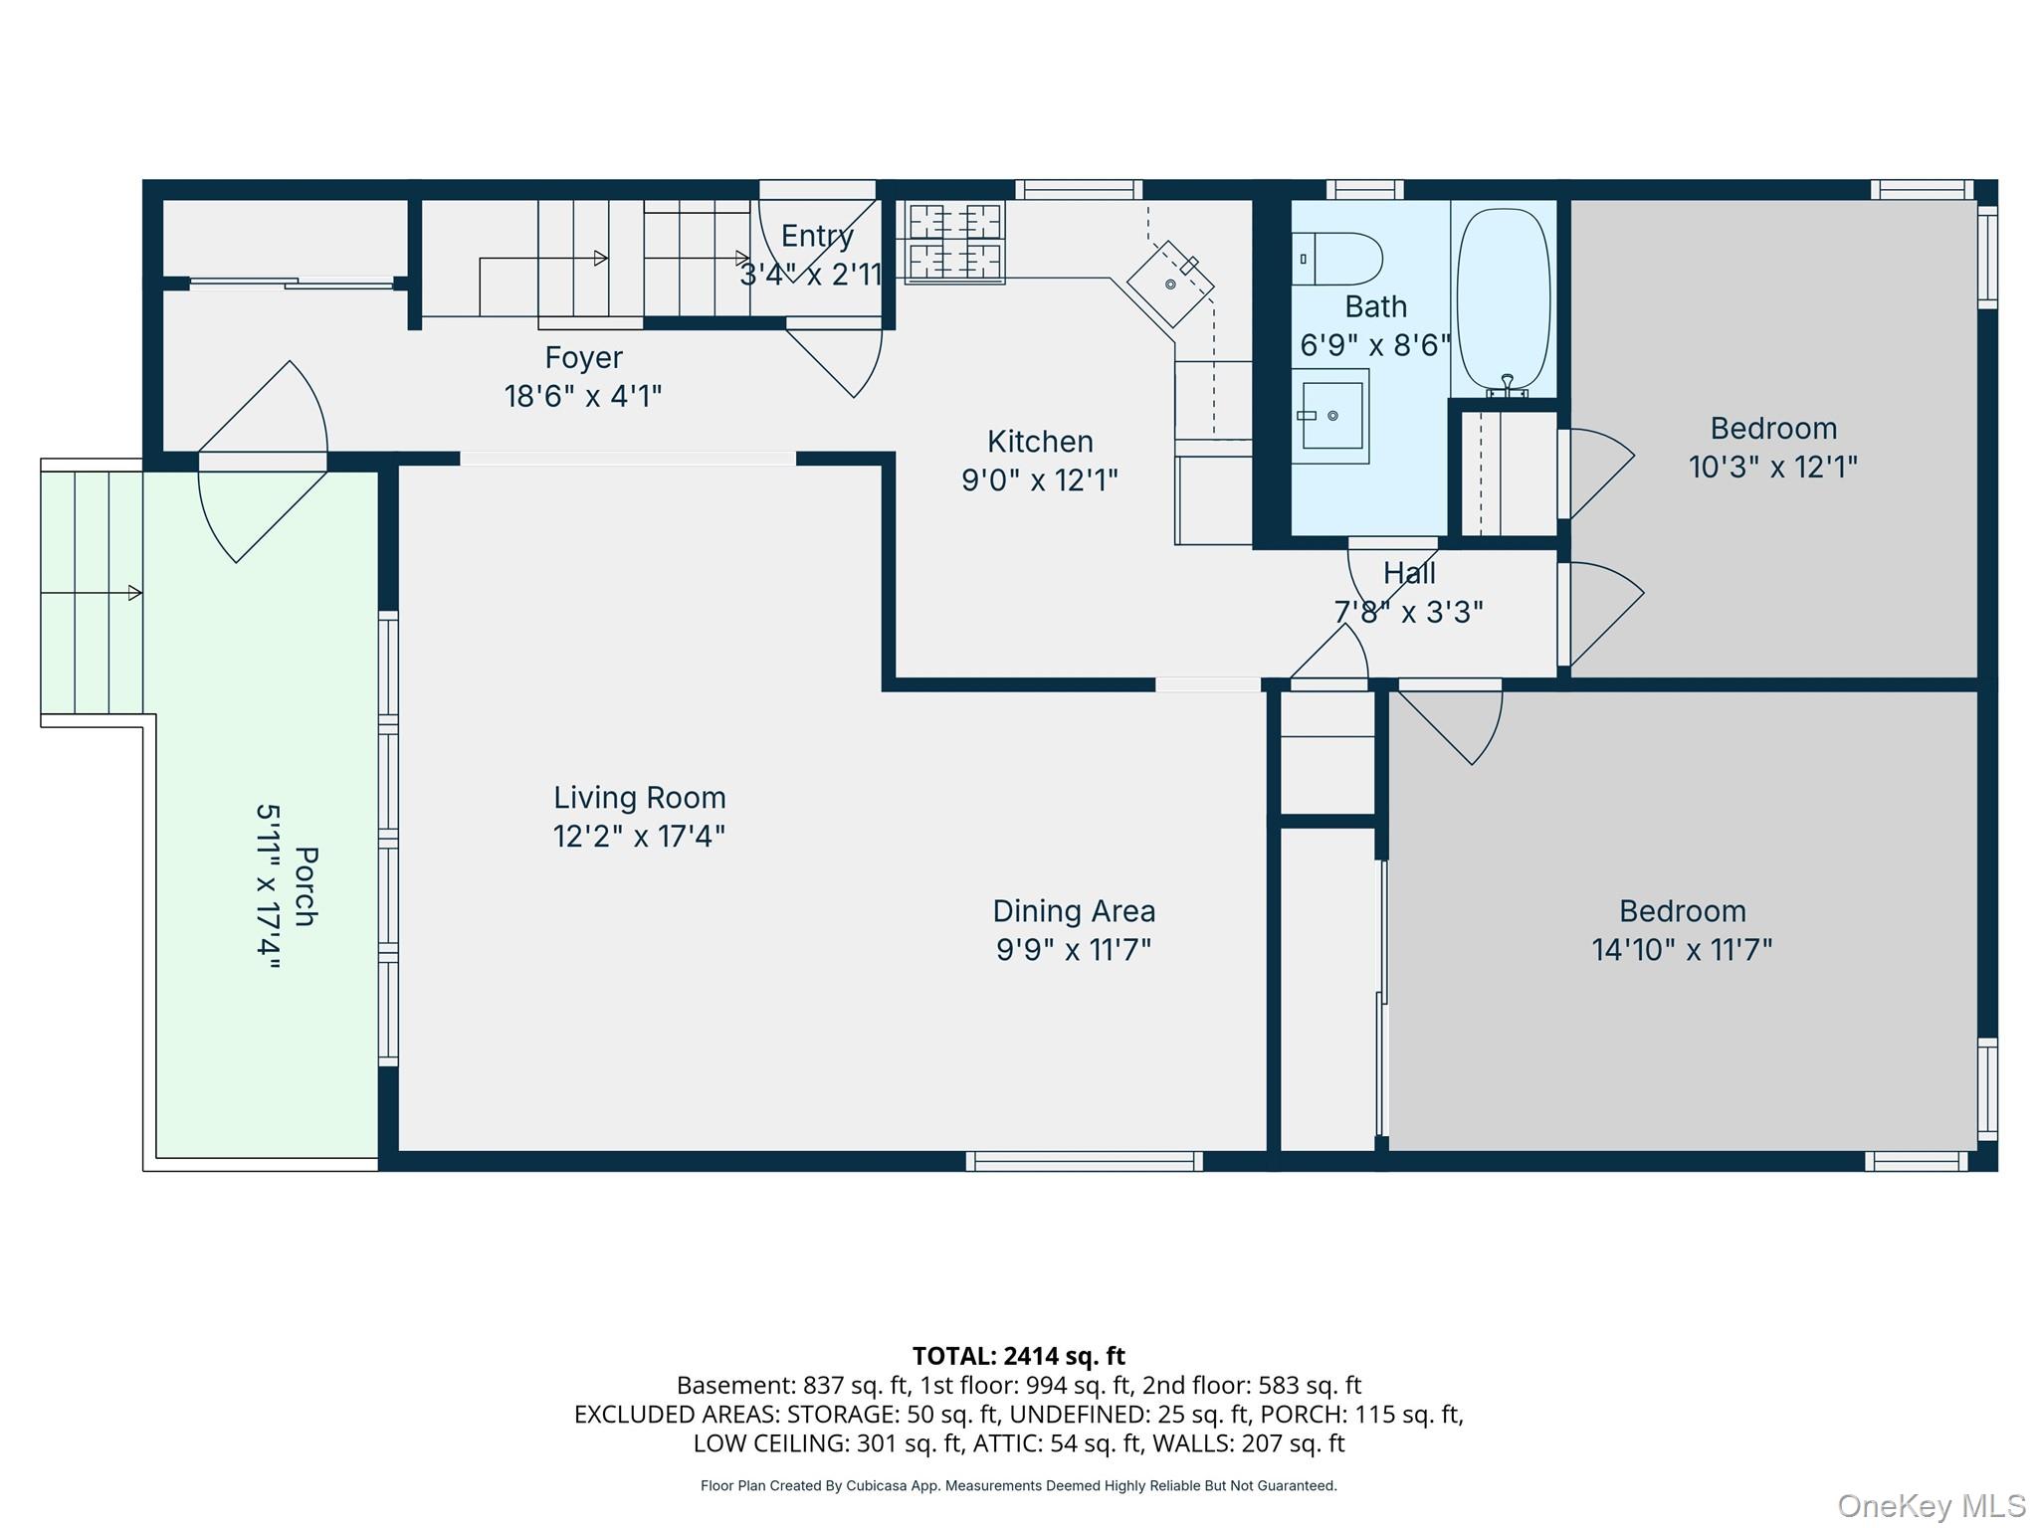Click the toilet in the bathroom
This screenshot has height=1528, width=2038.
[1336, 259]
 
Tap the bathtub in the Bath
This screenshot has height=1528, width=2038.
[1504, 298]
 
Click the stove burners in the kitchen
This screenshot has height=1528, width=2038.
[953, 242]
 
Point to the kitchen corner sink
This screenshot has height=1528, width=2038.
[1170, 284]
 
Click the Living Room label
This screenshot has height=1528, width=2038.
[640, 798]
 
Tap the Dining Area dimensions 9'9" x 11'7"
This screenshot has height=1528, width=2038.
[1074, 950]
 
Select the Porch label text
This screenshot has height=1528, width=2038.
[306, 886]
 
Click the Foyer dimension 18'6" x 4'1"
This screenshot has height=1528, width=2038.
[583, 397]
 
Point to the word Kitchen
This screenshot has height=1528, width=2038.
[1040, 442]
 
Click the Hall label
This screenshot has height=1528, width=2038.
[1409, 574]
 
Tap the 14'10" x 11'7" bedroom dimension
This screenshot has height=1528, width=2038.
[1682, 950]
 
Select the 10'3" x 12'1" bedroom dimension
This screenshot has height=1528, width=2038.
[1773, 467]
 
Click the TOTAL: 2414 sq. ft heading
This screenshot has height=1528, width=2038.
[1019, 1356]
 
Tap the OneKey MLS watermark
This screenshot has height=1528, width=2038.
[1932, 1506]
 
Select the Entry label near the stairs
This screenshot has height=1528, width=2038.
[817, 236]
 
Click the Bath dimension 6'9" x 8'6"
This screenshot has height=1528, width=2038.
[1375, 345]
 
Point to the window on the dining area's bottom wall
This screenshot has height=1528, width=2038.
[1085, 1161]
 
